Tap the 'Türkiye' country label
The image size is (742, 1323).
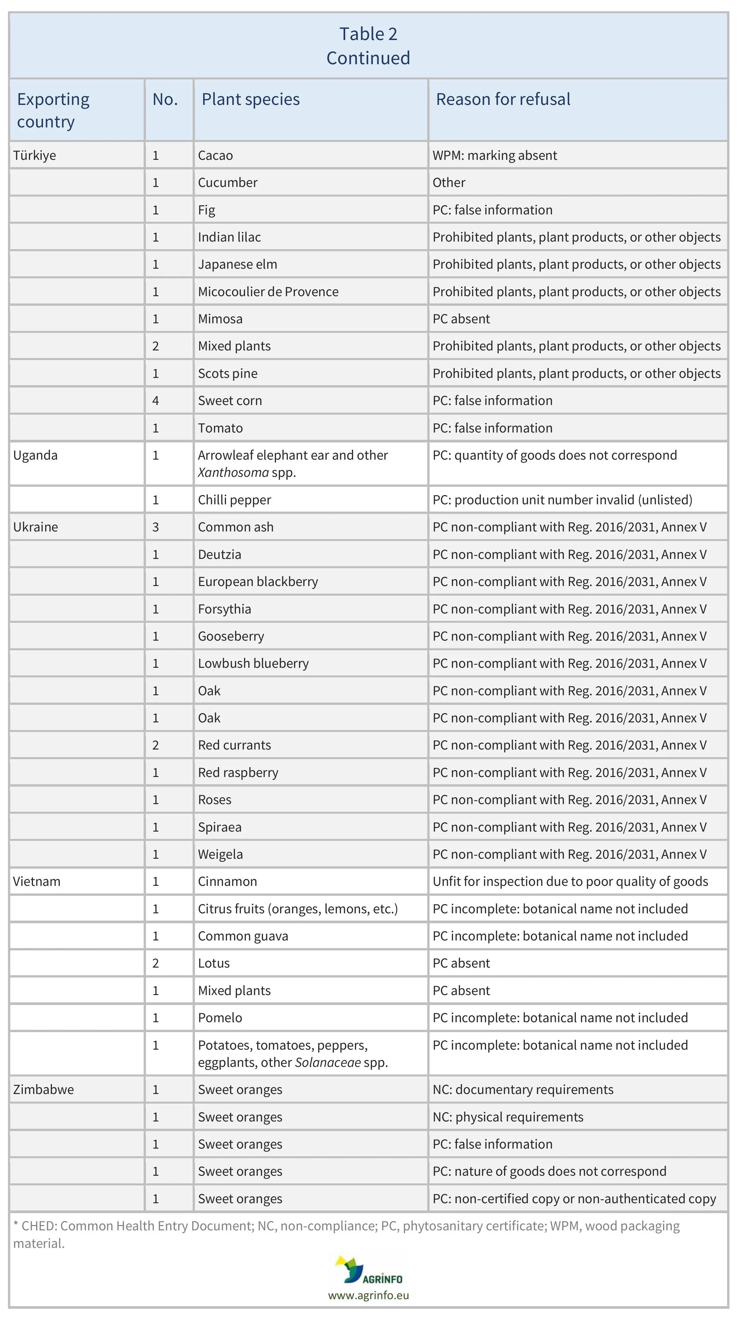[34, 155]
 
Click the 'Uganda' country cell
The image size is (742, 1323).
[35, 455]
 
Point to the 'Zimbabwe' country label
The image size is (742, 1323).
[44, 1089]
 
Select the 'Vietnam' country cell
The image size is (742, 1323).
[36, 881]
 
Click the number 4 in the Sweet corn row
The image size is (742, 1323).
[156, 401]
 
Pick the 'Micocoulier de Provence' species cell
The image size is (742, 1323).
[268, 292]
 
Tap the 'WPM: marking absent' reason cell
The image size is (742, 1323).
[494, 155]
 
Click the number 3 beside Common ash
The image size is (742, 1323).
[156, 527]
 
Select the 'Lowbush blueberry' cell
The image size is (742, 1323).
[253, 663]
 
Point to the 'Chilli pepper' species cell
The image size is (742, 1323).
[234, 500]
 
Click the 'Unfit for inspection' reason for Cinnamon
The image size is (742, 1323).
[570, 881]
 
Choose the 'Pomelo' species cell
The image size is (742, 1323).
[220, 1018]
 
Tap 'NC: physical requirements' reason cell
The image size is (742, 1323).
[508, 1117]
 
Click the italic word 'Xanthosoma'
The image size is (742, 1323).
[233, 473]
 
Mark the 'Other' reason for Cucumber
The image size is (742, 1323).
[449, 182]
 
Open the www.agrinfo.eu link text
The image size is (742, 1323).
[368, 1295]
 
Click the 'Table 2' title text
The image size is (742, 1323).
[368, 34]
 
